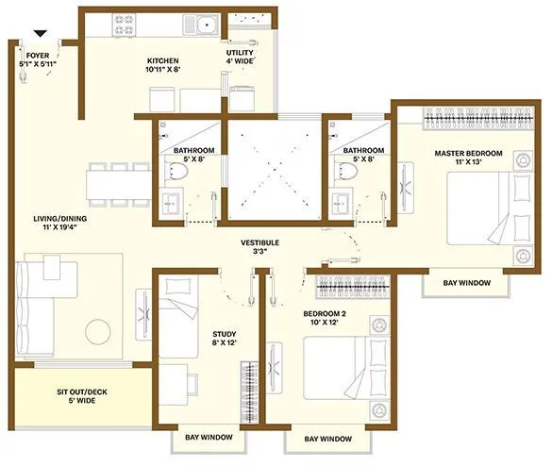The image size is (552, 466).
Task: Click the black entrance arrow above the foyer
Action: (x=39, y=35)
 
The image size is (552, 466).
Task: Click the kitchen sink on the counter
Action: (x=205, y=25)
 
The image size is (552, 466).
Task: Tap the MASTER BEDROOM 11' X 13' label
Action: (x=468, y=158)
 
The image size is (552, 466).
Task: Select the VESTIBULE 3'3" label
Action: (x=259, y=247)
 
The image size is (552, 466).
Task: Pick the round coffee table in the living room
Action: (x=100, y=332)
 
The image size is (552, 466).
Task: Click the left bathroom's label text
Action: (x=193, y=155)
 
